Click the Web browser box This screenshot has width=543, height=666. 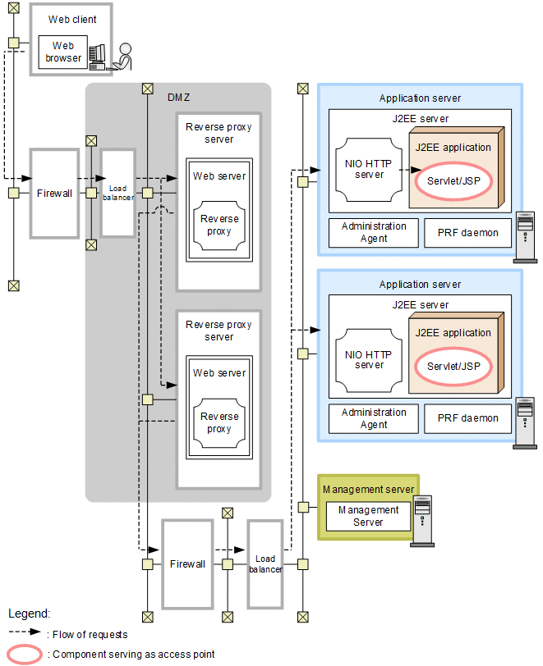[63, 52]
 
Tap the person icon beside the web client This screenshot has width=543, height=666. [123, 56]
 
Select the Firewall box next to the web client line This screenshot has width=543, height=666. [55, 193]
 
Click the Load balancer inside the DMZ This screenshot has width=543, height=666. [117, 194]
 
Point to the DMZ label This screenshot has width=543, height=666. [179, 98]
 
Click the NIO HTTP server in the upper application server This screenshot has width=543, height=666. [369, 169]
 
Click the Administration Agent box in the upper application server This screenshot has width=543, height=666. [374, 232]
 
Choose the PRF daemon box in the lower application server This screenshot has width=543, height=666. [467, 418]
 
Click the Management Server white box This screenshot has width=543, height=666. [368, 516]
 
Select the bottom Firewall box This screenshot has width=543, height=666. [186, 564]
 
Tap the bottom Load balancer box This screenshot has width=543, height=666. [265, 564]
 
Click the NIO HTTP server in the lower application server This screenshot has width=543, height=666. [369, 360]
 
